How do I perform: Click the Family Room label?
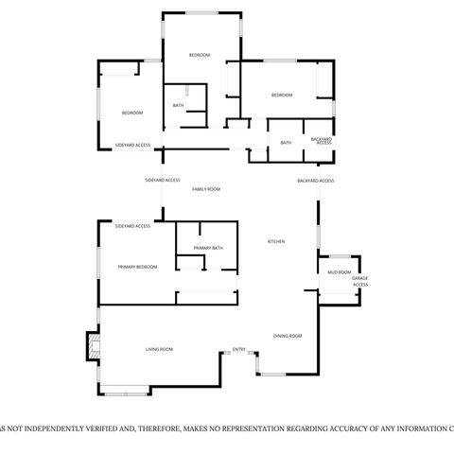[x=206, y=189]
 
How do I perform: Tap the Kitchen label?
[x=276, y=242]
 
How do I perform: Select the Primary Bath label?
[x=208, y=248]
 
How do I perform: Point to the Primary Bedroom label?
[x=137, y=267]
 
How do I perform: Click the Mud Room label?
[x=339, y=272]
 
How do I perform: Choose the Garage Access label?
[x=360, y=281]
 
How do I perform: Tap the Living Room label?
[x=159, y=350]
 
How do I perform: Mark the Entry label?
[x=239, y=350]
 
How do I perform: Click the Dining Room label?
[x=288, y=336]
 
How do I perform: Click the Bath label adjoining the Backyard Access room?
[x=286, y=143]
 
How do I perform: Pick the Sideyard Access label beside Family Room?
[x=163, y=179]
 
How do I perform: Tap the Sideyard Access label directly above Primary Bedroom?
[x=132, y=226]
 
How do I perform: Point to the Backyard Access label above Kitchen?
[x=316, y=181]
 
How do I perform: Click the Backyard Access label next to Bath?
[x=322, y=141]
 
